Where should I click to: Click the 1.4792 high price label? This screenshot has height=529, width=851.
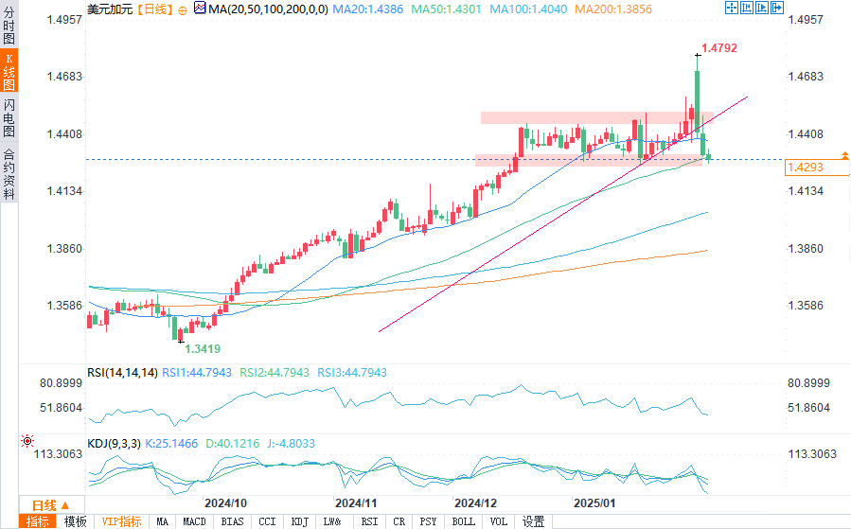click(x=719, y=48)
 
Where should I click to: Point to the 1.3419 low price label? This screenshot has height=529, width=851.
click(x=203, y=349)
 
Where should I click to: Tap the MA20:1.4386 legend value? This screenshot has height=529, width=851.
click(x=368, y=9)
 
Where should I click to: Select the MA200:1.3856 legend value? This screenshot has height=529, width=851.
click(x=613, y=9)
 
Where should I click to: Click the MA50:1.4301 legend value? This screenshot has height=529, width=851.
click(x=446, y=9)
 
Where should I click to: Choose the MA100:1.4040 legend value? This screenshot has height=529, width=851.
click(x=528, y=9)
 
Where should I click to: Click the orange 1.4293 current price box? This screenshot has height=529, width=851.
click(x=817, y=168)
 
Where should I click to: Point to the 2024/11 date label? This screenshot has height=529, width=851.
click(x=356, y=503)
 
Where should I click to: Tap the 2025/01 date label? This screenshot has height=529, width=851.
click(x=594, y=503)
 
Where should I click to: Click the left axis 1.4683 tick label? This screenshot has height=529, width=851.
click(x=64, y=77)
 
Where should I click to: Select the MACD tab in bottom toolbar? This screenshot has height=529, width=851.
click(x=194, y=522)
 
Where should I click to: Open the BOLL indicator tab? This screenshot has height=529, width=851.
click(x=464, y=522)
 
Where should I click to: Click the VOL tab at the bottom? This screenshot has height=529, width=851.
click(x=499, y=522)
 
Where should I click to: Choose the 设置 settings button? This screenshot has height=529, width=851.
click(x=534, y=522)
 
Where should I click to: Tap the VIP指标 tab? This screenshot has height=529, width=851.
click(x=121, y=522)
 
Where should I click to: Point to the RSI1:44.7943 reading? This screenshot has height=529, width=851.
click(x=197, y=373)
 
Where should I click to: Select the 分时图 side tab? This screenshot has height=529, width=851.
click(x=9, y=26)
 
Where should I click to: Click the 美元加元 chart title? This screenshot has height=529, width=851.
click(x=110, y=9)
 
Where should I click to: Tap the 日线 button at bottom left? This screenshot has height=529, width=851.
click(x=51, y=505)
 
